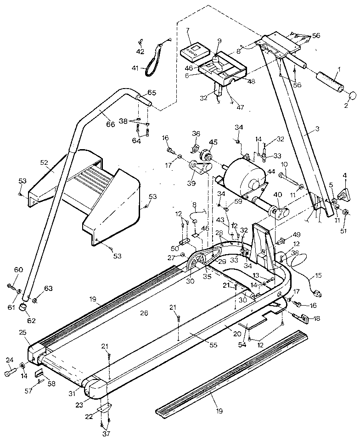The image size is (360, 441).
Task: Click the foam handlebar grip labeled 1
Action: click(x=329, y=83)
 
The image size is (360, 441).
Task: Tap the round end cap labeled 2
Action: click(x=353, y=96)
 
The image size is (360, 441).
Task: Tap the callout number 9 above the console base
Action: click(x=219, y=41)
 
